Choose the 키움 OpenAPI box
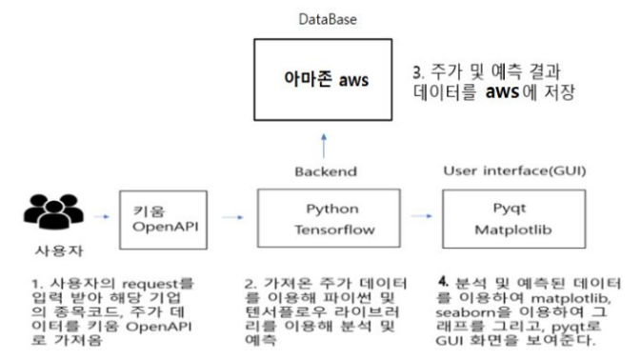coord(164,218)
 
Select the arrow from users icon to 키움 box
coord(100,216)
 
